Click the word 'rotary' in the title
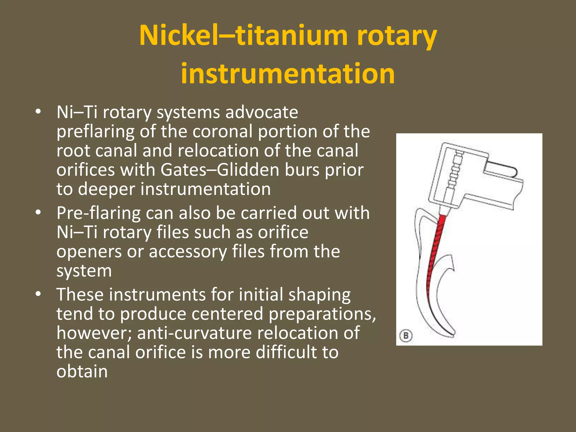pyautogui.click(x=397, y=37)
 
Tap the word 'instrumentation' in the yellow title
pyautogui.click(x=288, y=74)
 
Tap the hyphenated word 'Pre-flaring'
pyautogui.click(x=98, y=213)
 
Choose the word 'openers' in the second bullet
pyautogui.click(x=89, y=251)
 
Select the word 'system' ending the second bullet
pyautogui.click(x=84, y=271)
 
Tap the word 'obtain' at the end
pyautogui.click(x=82, y=372)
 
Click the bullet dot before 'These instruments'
pyautogui.click(x=39, y=294)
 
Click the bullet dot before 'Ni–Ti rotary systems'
pyautogui.click(x=39, y=112)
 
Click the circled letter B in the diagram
pyautogui.click(x=406, y=336)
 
